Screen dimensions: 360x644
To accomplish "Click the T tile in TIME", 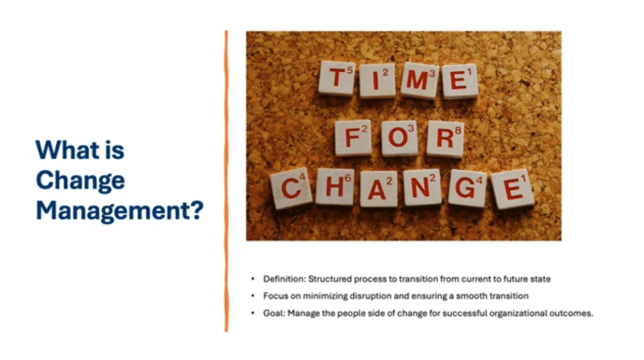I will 336,79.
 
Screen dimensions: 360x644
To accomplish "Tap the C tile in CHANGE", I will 291,188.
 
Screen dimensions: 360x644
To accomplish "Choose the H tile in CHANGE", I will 335,186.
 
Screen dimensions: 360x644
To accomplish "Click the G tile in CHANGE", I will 467,188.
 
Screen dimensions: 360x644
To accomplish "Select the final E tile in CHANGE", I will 512,189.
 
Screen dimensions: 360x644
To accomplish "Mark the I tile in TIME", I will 377,80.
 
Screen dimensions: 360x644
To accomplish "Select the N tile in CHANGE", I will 422,188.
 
